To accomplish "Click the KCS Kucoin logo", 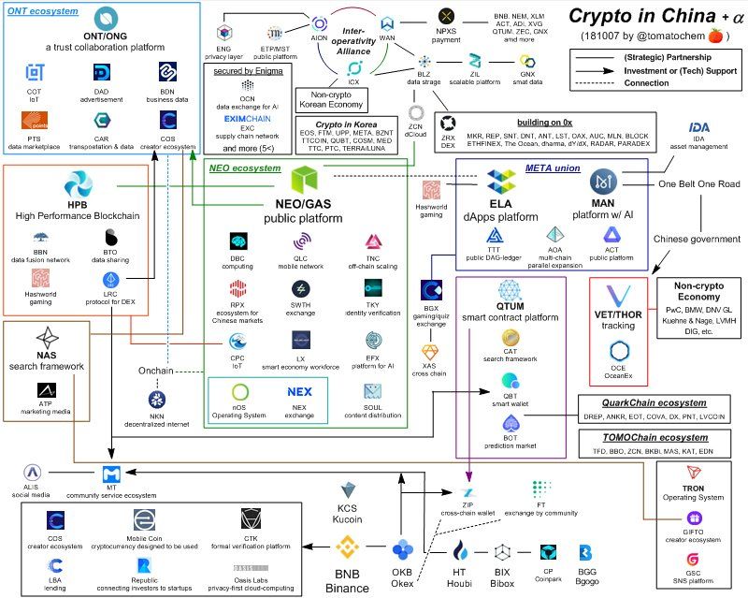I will point(349,489).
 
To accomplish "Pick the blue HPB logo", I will point(78,184).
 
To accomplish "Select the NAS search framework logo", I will point(46,338).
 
